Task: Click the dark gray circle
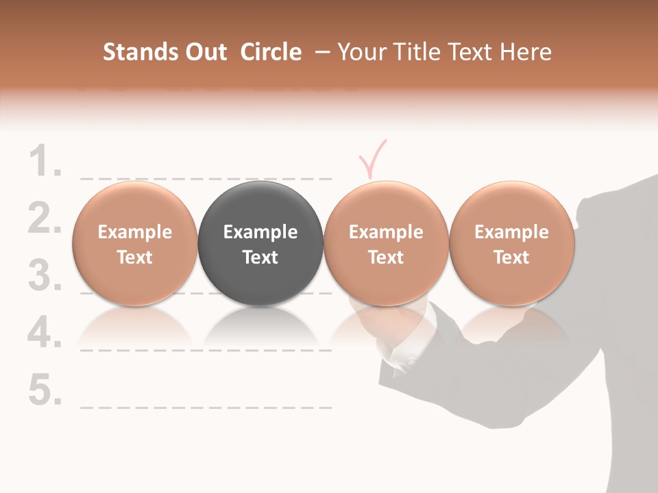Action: pyautogui.click(x=260, y=243)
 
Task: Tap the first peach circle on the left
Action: pyautogui.click(x=134, y=243)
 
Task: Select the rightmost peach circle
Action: pyautogui.click(x=511, y=243)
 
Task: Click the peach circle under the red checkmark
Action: pyautogui.click(x=386, y=243)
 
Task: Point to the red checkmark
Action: pyautogui.click(x=372, y=159)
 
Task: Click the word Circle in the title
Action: pyautogui.click(x=271, y=52)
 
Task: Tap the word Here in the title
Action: pyautogui.click(x=526, y=52)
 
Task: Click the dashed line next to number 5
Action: pyautogui.click(x=206, y=407)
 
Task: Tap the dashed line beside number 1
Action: pyautogui.click(x=206, y=179)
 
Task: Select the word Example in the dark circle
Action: pyautogui.click(x=260, y=232)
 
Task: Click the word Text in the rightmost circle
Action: pyautogui.click(x=511, y=257)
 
